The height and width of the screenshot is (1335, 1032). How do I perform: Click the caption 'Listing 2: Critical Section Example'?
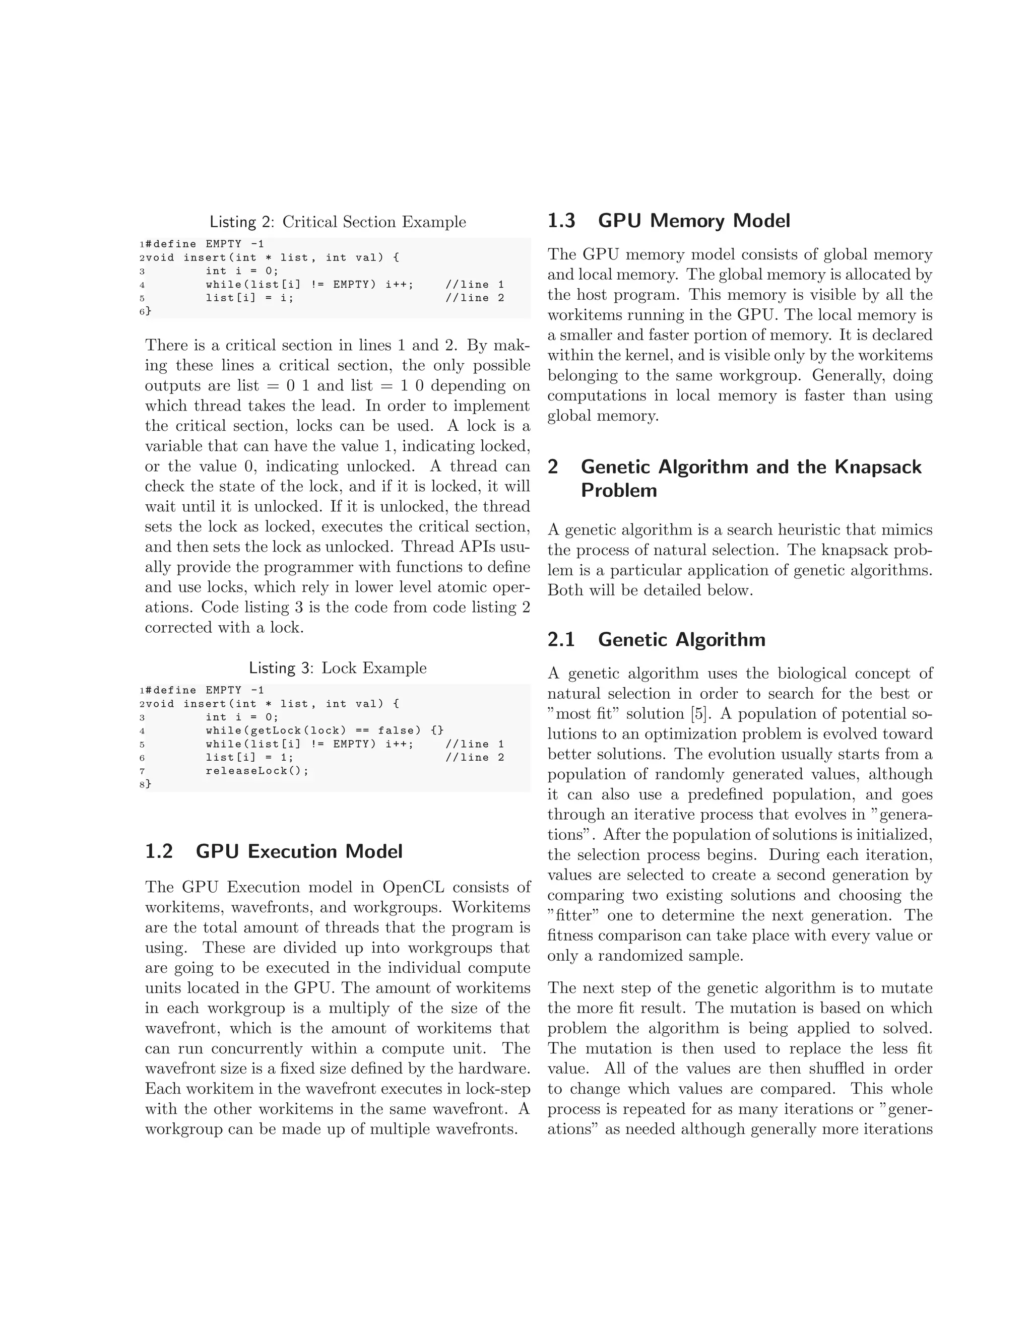338,222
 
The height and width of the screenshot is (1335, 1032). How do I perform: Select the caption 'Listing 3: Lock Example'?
338,667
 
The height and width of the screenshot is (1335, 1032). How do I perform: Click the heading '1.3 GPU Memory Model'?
668,221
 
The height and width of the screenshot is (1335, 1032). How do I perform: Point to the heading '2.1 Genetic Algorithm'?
656,639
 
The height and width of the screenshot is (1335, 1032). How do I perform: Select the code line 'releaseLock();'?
257,771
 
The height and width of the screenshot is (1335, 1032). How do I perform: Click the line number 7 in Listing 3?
142,771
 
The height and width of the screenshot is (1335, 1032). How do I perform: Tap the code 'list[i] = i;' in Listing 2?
249,298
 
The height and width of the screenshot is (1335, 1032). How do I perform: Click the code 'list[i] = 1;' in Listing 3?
249,757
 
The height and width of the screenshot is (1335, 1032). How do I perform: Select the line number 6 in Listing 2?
142,312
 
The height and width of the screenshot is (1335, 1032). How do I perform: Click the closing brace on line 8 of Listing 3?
149,784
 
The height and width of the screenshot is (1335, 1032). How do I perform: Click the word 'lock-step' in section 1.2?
498,1089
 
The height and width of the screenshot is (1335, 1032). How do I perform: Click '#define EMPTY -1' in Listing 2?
205,244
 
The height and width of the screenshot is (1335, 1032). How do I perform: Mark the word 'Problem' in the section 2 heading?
618,490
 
